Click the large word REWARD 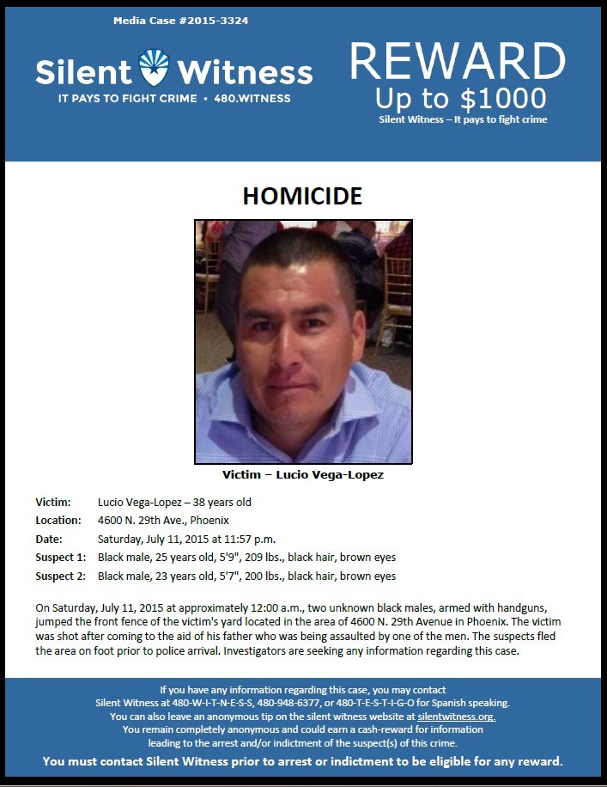coord(458,61)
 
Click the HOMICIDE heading coord(302,196)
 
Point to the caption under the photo coord(303,475)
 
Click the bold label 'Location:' coord(58,520)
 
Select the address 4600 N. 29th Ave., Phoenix coord(163,520)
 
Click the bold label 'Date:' coord(49,539)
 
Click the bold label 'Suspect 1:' coord(60,558)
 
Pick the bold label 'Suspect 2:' coord(60,576)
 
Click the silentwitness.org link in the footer coord(457,716)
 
